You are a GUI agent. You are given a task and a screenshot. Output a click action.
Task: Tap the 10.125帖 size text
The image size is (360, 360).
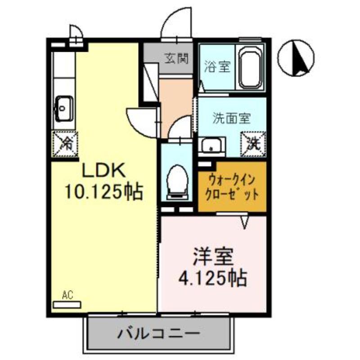(104, 192)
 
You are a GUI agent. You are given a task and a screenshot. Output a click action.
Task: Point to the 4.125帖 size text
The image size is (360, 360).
(213, 278)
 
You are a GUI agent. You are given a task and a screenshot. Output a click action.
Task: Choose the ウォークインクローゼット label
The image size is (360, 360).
(231, 187)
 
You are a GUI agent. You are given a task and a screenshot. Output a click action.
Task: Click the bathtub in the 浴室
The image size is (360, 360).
(251, 68)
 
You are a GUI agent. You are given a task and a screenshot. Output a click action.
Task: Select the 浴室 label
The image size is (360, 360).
(217, 67)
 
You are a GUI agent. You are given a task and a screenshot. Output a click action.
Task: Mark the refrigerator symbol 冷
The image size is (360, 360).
(65, 144)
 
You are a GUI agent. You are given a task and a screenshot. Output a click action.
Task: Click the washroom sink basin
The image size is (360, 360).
(210, 146)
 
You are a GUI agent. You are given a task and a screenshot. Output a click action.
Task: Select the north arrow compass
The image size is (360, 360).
(296, 58)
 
